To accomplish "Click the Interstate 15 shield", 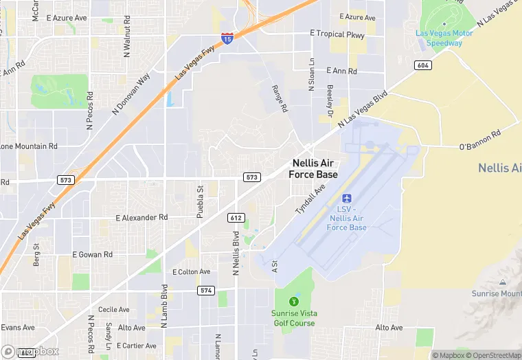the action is [227, 40].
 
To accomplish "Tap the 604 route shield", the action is [422, 65].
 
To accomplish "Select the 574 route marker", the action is [205, 291].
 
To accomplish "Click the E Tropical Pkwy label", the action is [337, 33].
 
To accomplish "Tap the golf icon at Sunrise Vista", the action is [294, 301].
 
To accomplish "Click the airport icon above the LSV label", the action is [347, 199].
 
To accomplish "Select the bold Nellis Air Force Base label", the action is [315, 169].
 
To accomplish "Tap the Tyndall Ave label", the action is [310, 199].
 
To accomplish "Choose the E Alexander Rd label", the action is [141, 218].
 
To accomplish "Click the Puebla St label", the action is [201, 201].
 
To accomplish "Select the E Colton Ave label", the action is [192, 272].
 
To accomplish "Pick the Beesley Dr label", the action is [330, 98].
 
